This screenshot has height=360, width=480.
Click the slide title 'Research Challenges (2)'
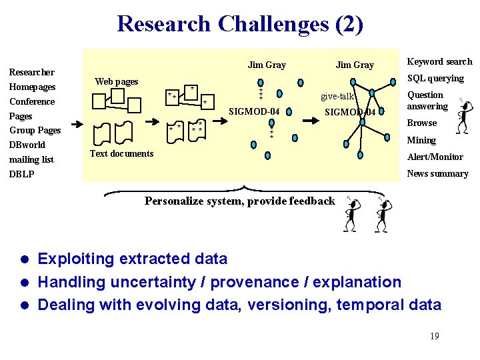coord(240,24)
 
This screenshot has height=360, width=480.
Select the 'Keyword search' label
coord(439,62)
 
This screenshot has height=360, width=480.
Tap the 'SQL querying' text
coord(435,79)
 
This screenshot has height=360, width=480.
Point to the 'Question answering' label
coord(427,101)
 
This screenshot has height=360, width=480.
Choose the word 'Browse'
coord(421,123)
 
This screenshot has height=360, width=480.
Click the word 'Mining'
coord(421,141)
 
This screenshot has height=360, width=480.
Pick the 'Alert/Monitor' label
coord(435,157)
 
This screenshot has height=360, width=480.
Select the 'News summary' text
coord(437,174)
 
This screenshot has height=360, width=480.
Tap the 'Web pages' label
coord(116,82)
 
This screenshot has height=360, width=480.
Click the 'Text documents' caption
coord(121,154)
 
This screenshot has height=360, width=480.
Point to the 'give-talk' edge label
coord(337,97)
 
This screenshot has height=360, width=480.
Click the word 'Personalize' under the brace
coord(171,201)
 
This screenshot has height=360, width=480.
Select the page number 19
coord(434,336)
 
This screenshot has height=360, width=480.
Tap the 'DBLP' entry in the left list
coord(21,175)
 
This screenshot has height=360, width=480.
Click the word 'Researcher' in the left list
coord(31,72)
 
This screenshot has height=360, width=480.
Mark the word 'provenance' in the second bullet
coord(250,282)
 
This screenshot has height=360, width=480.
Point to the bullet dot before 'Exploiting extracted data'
coord(24,259)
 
